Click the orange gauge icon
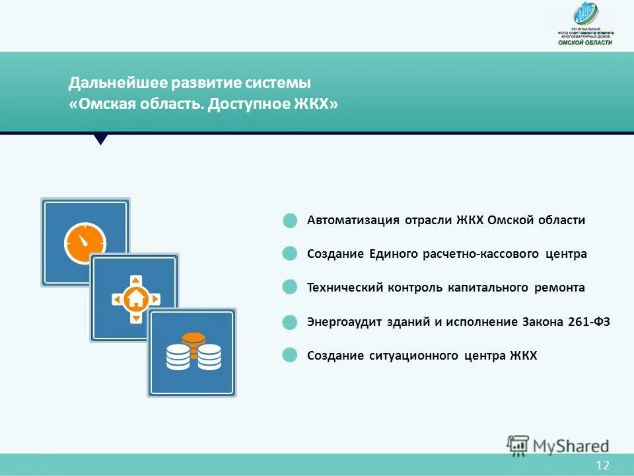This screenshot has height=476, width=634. [85, 243]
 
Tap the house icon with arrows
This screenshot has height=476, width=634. [135, 299]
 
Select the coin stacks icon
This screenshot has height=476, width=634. [193, 353]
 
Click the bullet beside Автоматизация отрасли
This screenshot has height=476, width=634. [290, 221]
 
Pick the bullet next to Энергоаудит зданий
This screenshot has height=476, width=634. [290, 323]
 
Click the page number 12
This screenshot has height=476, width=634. [602, 465]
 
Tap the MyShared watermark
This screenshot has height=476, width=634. [558, 445]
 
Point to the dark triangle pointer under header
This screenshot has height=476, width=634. [101, 139]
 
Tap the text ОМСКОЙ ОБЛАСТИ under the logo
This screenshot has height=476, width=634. [585, 42]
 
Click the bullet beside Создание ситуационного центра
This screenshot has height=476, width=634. [290, 356]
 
